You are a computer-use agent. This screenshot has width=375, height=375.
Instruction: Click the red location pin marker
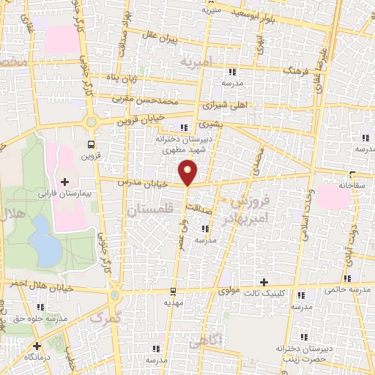tap(188, 172)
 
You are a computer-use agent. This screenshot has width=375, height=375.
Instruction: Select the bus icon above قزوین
tap(91, 144)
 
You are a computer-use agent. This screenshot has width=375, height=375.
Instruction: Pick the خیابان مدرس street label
tap(138, 183)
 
